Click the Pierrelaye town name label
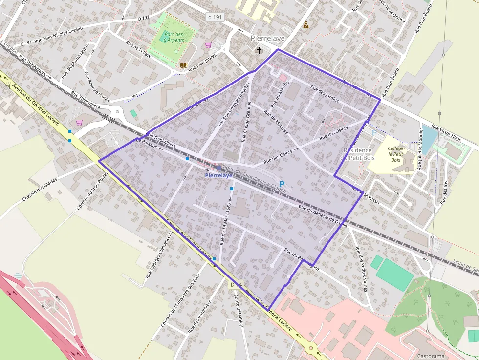[x=267, y=38]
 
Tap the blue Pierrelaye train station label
[x=219, y=175]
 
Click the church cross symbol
[x=259, y=50]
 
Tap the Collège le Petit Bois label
[x=394, y=154]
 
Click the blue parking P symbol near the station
[x=282, y=184]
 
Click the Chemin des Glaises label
[x=40, y=190]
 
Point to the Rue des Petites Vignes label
[x=361, y=262]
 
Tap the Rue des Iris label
[x=445, y=191]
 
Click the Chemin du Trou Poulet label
[x=92, y=191]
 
